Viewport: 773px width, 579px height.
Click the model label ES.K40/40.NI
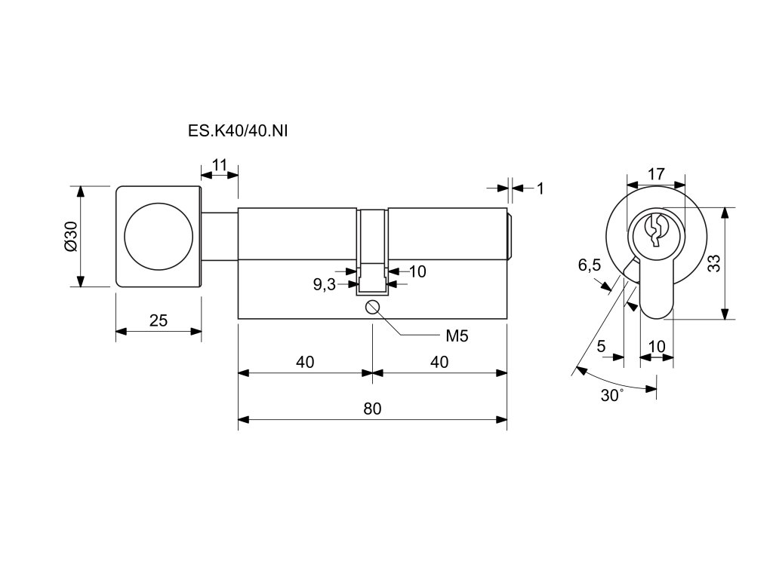(238, 131)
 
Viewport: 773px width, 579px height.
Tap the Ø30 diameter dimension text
(72, 236)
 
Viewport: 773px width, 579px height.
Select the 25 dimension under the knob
(159, 320)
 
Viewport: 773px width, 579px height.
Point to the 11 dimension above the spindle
(220, 164)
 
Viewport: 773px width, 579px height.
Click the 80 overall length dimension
(372, 409)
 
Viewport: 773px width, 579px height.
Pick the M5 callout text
(457, 336)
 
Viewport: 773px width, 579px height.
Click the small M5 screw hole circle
(372, 308)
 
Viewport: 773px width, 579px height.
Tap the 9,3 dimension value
(325, 284)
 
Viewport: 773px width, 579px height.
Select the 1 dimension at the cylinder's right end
(540, 188)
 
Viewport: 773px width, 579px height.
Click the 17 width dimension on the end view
(656, 174)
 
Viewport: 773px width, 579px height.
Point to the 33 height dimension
(713, 263)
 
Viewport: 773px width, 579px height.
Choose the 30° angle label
(611, 395)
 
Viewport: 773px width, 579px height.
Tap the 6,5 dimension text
(590, 265)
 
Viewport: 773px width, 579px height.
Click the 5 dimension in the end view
(601, 346)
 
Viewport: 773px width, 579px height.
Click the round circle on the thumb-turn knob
(159, 236)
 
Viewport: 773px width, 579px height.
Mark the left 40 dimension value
(305, 363)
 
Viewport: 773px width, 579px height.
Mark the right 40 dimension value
(439, 363)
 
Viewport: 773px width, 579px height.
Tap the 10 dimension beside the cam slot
(417, 271)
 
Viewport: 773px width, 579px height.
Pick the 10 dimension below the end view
(657, 346)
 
